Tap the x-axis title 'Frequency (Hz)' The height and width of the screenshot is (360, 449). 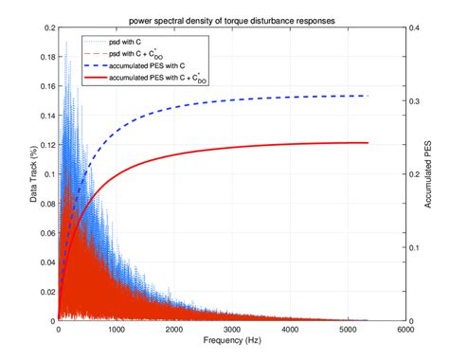pyautogui.click(x=231, y=340)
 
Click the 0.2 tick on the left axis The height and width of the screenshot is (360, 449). pyautogui.click(x=47, y=28)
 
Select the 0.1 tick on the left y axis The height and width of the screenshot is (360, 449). pyautogui.click(x=47, y=174)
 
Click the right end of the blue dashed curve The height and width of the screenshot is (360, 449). pyautogui.click(x=367, y=96)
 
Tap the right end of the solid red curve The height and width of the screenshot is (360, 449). pyautogui.click(x=367, y=143)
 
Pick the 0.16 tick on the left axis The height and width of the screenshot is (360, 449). pyautogui.click(x=45, y=87)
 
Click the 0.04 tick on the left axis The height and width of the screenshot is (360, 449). pyautogui.click(x=45, y=261)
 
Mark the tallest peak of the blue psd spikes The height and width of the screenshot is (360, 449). pyautogui.click(x=66, y=42)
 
